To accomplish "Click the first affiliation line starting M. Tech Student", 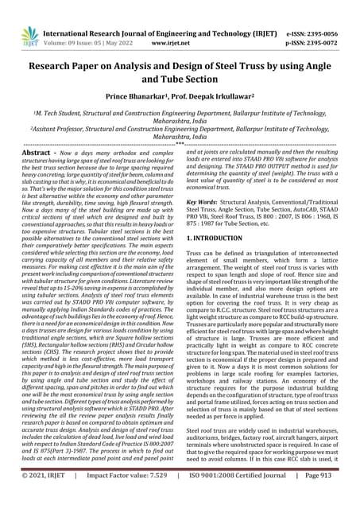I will [x=180, y=114].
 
